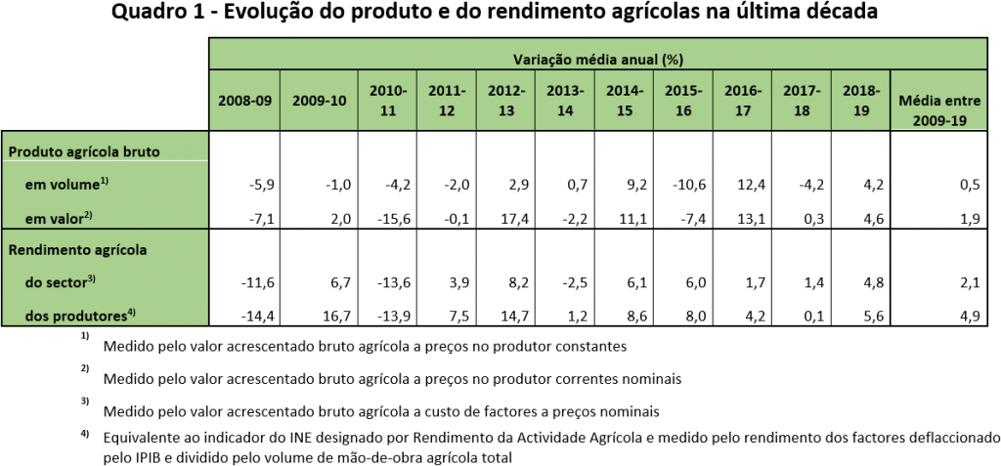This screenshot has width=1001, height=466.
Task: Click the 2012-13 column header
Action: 506,100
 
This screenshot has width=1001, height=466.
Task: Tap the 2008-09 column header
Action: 239,100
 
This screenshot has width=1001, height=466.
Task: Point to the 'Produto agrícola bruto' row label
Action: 84,152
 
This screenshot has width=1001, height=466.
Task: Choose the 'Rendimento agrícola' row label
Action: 77,249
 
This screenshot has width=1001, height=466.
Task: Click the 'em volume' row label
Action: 65,184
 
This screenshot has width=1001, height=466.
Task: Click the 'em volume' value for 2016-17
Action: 739,184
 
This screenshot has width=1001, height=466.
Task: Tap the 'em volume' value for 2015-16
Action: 680,184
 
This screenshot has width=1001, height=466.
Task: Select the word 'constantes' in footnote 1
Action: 592,346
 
